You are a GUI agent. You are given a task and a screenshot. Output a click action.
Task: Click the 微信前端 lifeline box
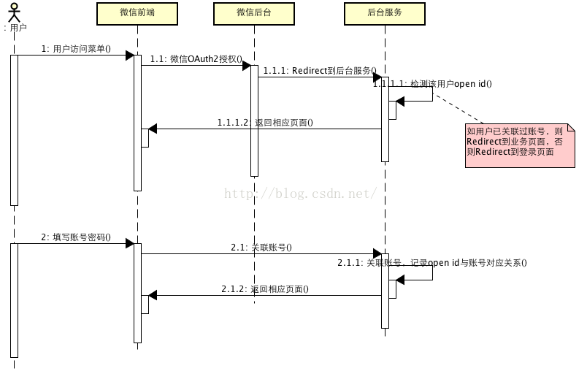tap(137, 12)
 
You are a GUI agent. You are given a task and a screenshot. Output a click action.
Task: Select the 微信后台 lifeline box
tap(253, 12)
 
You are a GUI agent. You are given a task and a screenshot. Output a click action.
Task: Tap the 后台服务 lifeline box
tap(385, 12)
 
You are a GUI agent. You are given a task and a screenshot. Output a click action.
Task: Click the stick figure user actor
tap(13, 12)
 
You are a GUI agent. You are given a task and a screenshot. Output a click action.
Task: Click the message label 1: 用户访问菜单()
tap(76, 49)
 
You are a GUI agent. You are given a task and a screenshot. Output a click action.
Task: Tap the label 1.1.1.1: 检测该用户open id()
tap(432, 84)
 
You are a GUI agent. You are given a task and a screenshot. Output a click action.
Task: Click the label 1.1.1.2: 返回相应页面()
tap(265, 123)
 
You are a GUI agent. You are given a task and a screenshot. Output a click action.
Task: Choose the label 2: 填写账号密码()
tap(76, 237)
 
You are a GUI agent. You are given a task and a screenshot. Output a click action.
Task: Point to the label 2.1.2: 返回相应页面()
tap(265, 289)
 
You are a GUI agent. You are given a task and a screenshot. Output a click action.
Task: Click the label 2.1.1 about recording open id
tap(432, 263)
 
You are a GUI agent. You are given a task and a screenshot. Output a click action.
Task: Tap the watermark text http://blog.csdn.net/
tap(300, 194)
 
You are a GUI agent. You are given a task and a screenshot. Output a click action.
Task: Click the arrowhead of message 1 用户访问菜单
tap(129, 56)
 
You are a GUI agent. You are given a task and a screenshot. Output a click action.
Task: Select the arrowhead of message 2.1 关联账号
tap(377, 253)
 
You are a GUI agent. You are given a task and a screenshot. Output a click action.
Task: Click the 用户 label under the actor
tap(15, 28)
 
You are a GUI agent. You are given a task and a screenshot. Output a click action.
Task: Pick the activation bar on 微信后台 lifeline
tap(254, 121)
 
